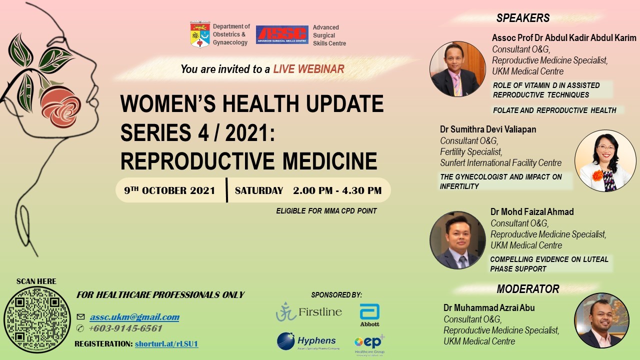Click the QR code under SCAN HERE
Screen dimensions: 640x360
point(37,319)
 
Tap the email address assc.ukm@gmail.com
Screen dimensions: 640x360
point(134,317)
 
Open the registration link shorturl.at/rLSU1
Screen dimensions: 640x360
point(166,343)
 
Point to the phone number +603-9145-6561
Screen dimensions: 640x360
point(125,328)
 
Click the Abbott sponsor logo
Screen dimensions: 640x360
point(369,315)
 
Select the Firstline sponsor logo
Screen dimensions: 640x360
point(309,311)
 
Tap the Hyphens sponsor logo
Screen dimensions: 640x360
point(308,341)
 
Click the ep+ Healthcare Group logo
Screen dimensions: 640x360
point(369,345)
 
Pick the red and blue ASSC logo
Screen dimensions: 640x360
point(282,34)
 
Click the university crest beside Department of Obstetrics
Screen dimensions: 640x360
point(200,34)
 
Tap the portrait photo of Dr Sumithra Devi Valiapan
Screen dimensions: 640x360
point(605,160)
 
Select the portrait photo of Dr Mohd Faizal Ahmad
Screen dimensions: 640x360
point(457,240)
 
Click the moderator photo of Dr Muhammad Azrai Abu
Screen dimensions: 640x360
point(601,320)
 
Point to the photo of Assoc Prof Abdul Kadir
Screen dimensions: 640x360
point(457,69)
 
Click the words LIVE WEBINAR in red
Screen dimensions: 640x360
point(308,69)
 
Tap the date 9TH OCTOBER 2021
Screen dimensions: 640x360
point(169,190)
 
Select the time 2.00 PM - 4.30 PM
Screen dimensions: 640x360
point(337,190)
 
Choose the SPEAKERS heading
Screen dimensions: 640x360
point(523,18)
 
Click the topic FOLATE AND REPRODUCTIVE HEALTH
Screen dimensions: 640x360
point(554,110)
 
